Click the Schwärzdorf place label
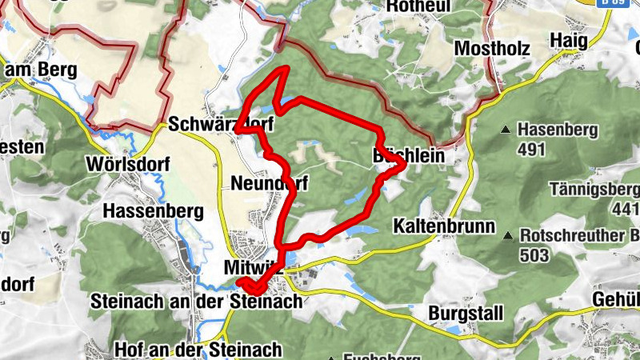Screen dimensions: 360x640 point(221,125)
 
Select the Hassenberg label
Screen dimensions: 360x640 point(154,211)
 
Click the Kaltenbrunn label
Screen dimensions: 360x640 point(444,226)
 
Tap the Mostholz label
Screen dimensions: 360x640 point(492,48)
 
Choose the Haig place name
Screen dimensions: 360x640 point(569,41)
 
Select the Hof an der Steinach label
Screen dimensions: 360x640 point(198,350)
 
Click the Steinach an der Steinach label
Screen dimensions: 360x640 point(197,302)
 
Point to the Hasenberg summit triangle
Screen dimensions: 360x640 point(506,129)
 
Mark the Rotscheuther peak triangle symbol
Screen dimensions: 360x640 point(508,237)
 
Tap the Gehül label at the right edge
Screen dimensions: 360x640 point(616,298)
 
